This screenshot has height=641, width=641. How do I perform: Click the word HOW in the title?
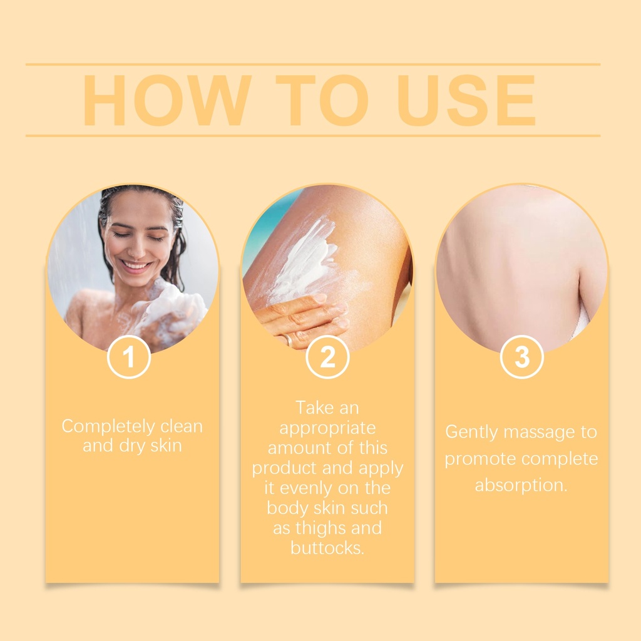pyautogui.click(x=167, y=100)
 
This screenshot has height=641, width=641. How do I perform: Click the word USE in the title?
pyautogui.click(x=466, y=100)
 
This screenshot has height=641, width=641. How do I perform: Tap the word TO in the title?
pyautogui.click(x=322, y=100)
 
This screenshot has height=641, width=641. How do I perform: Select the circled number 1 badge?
pyautogui.click(x=129, y=357)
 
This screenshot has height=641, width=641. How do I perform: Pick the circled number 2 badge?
pyautogui.click(x=327, y=357)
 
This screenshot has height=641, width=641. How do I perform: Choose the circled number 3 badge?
pyautogui.click(x=521, y=357)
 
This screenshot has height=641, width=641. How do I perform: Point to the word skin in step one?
pyautogui.click(x=166, y=445)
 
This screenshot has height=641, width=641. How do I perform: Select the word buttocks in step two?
pyautogui.click(x=327, y=548)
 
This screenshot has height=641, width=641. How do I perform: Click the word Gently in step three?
pyautogui.click(x=471, y=433)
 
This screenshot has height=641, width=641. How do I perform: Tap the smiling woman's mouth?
pyautogui.click(x=136, y=265)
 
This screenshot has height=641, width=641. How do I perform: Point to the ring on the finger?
pyautogui.click(x=288, y=339)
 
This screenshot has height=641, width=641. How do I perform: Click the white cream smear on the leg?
pyautogui.click(x=305, y=262)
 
